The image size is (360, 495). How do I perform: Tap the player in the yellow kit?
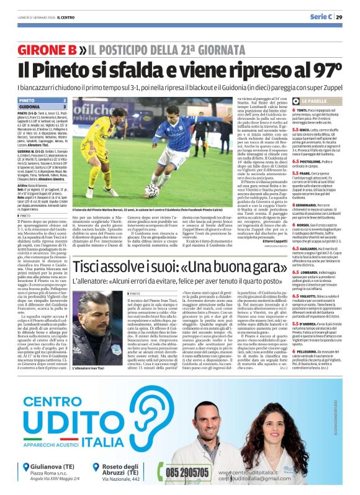[97, 153]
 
